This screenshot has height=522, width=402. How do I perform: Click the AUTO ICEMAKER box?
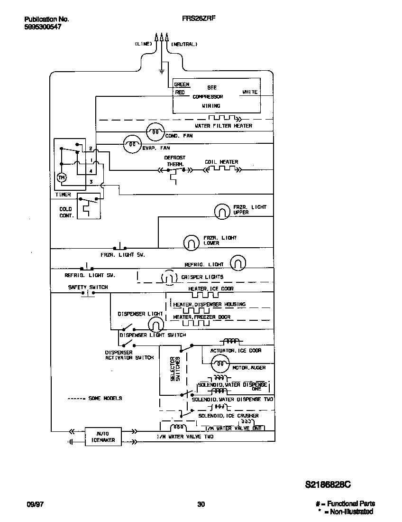click(102, 437)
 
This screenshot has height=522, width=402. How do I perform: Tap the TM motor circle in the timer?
click(61, 177)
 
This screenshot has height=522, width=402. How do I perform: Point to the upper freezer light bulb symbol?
click(221, 212)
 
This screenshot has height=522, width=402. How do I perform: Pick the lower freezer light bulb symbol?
click(191, 242)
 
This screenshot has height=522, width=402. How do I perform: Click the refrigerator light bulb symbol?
click(238, 262)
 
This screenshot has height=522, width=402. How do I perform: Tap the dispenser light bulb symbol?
click(155, 325)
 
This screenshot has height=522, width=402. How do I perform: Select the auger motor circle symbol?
click(219, 364)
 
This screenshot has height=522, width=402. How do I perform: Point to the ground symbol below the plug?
click(161, 72)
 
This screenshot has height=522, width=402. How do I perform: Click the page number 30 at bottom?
click(201, 504)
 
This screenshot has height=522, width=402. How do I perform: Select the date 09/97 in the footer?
click(33, 504)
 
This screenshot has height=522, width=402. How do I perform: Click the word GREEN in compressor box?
click(182, 84)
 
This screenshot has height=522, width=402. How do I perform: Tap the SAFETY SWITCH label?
click(88, 287)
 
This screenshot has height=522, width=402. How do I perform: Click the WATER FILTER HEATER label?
click(224, 126)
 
